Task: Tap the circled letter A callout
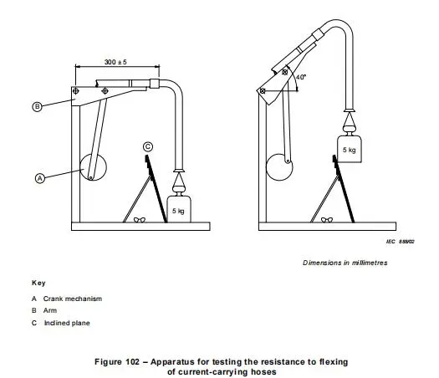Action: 39,177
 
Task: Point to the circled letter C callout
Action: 148,147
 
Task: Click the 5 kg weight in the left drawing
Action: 178,208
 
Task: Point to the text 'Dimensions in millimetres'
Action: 345,263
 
